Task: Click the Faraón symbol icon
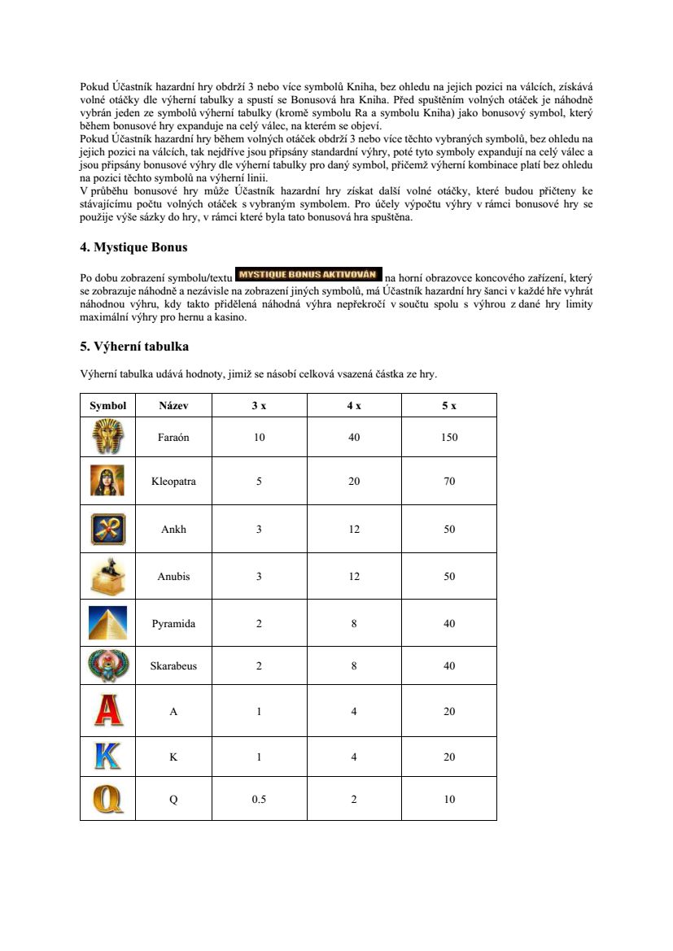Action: tap(108, 437)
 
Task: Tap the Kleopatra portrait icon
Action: tap(108, 481)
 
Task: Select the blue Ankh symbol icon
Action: tap(108, 529)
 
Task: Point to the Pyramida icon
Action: tap(108, 624)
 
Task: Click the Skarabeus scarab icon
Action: tap(108, 665)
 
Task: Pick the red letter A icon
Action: tap(108, 711)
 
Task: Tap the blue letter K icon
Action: tap(108, 757)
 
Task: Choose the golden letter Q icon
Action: tap(108, 799)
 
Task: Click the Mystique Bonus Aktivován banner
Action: tap(308, 273)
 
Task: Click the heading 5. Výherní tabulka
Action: tap(134, 347)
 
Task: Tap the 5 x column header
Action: tap(449, 405)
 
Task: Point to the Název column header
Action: tap(173, 405)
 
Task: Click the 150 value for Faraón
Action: tap(449, 437)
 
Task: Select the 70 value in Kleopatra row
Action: tap(449, 481)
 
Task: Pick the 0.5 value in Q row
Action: tap(259, 799)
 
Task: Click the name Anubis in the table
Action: tap(173, 577)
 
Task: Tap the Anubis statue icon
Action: tap(108, 577)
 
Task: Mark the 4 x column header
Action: tap(354, 405)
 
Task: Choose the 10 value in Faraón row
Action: tap(259, 437)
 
